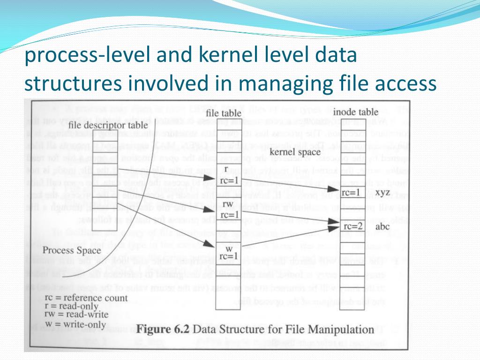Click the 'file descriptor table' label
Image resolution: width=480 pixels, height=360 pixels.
107,126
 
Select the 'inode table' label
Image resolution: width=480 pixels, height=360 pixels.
355,112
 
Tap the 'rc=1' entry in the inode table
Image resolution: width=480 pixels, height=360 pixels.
351,192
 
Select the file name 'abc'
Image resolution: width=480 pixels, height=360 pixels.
382,225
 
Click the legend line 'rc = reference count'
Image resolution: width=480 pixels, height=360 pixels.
85,298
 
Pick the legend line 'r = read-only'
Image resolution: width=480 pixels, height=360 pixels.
71,306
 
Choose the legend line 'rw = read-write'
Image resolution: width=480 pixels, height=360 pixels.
76,314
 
